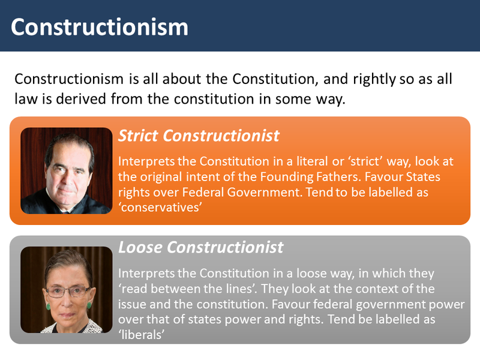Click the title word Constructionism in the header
pos(100,27)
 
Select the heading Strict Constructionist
pos(199,136)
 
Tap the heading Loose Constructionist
pos(200,247)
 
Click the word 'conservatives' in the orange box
pos(160,207)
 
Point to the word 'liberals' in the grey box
pos(142,334)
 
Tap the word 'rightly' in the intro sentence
pos(374,79)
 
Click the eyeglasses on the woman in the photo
pos(68,291)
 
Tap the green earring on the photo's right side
pos(89,305)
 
